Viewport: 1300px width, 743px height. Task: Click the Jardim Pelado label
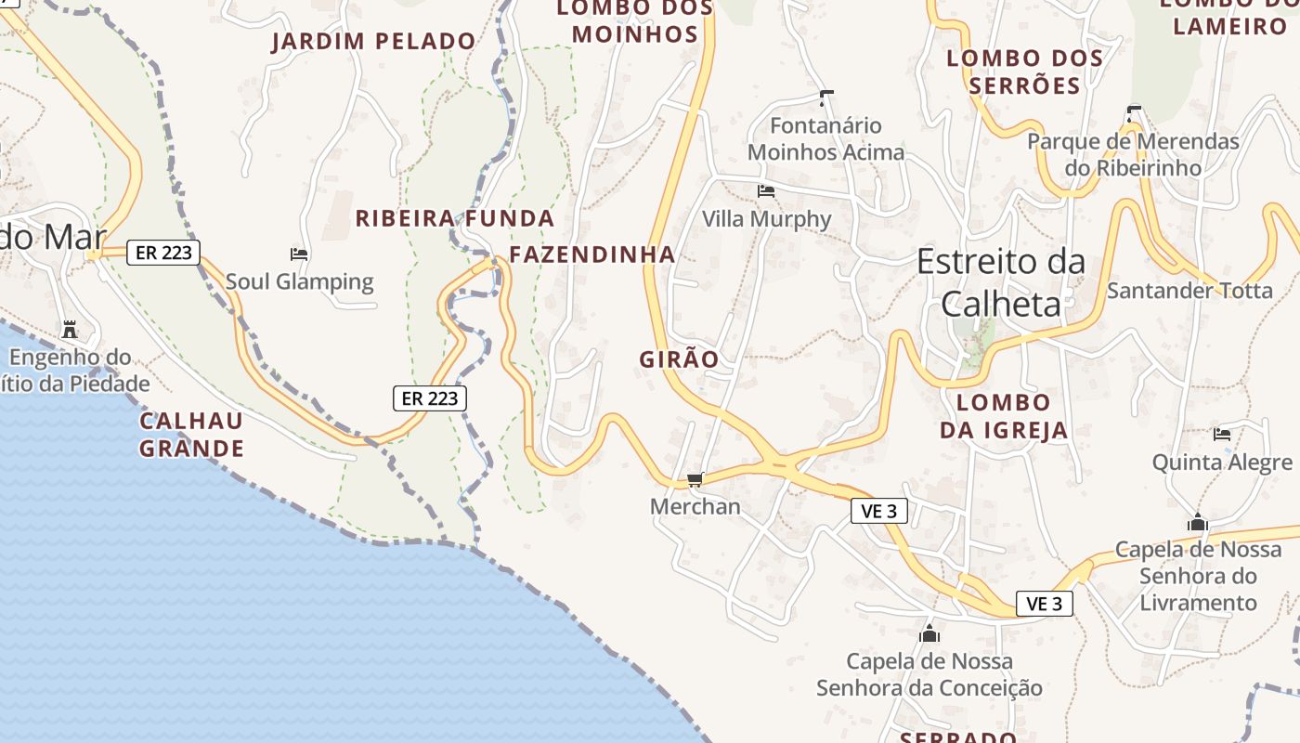coord(373,42)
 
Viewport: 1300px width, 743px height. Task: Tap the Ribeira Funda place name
coord(455,219)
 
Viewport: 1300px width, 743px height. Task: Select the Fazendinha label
coord(592,254)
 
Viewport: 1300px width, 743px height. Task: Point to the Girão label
coord(679,359)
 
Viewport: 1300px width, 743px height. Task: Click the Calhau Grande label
coord(192,435)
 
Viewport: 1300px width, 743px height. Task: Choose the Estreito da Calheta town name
coord(1001,282)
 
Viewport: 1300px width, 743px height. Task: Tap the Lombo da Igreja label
coord(1004,416)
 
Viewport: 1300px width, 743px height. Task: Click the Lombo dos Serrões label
coord(1025,72)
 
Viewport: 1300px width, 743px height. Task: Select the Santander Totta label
coord(1189,291)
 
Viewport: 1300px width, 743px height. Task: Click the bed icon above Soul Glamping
coord(299,254)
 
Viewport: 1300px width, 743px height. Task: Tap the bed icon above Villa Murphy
coord(766,191)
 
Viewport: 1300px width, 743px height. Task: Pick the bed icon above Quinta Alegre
coord(1222,434)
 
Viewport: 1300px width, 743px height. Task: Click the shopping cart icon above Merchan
coord(695,479)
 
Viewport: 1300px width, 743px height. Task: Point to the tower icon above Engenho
coord(70,329)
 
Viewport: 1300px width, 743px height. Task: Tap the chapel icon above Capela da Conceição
coord(929,634)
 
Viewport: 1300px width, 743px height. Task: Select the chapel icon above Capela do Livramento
coord(1198,523)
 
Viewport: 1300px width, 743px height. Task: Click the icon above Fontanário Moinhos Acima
coord(826,98)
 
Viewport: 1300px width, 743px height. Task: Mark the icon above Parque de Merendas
coord(1133,113)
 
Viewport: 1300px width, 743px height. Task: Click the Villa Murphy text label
coord(767,219)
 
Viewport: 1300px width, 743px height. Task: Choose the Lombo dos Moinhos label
coord(635,21)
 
